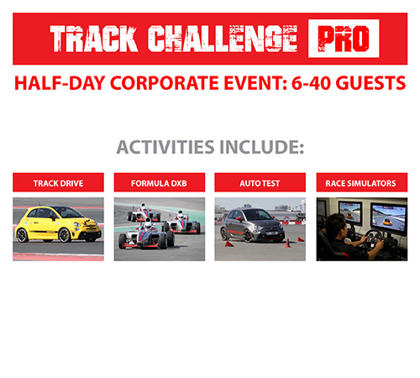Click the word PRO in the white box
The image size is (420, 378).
344,39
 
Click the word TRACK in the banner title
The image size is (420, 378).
94,39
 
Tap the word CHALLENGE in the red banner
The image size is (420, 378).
223,39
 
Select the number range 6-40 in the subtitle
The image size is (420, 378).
312,83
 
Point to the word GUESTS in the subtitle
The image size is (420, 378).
370,83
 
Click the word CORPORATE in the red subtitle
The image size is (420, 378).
165,83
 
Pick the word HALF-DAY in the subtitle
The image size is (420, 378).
60,83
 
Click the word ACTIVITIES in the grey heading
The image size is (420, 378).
165,147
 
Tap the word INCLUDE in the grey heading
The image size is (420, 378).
262,147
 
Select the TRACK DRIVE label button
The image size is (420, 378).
58,182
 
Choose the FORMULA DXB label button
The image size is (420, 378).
160,182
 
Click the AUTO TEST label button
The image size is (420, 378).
260,182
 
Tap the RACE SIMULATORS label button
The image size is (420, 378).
362,182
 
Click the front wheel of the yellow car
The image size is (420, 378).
65,235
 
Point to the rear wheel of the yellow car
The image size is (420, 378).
22,235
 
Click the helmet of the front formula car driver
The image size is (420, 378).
148,223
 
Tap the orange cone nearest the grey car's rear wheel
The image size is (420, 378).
229,244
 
